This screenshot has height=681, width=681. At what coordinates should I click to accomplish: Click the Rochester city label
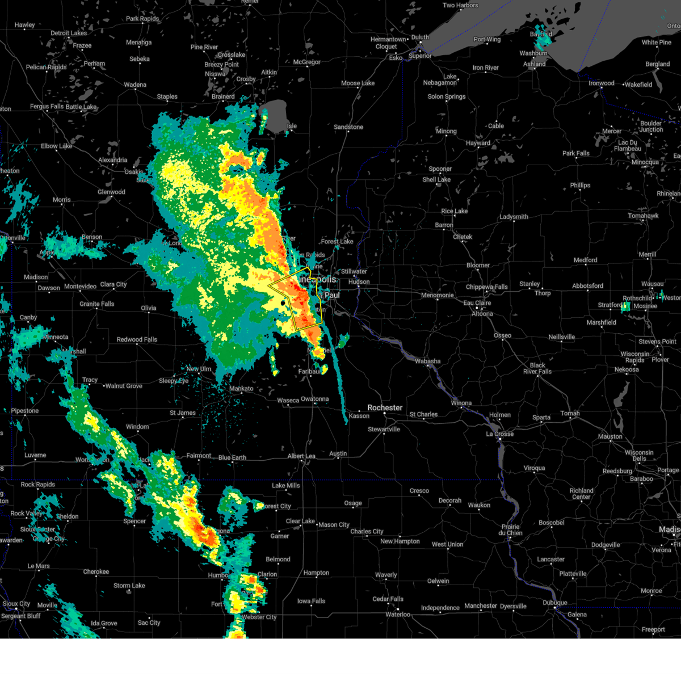coord(385,408)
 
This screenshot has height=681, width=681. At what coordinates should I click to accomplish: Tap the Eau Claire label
coord(477,303)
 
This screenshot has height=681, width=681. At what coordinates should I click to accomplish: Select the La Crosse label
coord(499,434)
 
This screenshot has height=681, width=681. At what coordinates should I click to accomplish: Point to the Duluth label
coord(420,37)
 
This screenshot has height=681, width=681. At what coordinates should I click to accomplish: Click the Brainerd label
coord(223,96)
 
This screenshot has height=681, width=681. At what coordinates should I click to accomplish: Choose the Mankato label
coord(241,389)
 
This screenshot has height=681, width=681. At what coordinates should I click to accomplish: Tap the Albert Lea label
coord(301,456)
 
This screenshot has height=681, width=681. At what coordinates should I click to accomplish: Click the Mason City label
coord(334,525)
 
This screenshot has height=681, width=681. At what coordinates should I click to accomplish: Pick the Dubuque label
coord(554,603)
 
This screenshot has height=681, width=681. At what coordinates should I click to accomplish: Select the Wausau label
coord(652,284)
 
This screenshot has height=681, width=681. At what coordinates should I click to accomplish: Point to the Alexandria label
coord(112,160)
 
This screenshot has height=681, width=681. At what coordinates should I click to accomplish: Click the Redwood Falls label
coord(137,339)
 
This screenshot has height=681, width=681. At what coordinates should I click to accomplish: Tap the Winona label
coord(461,403)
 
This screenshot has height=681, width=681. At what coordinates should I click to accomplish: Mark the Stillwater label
coord(354,272)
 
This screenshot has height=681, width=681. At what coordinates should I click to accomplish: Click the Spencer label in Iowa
coord(134,521)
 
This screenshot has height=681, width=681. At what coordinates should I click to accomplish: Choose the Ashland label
coord(534,64)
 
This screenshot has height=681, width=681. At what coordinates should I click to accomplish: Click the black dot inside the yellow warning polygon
coord(283,303)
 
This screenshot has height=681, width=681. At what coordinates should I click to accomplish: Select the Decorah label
coord(450,501)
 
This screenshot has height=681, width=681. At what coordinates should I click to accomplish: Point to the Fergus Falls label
coord(47,107)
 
